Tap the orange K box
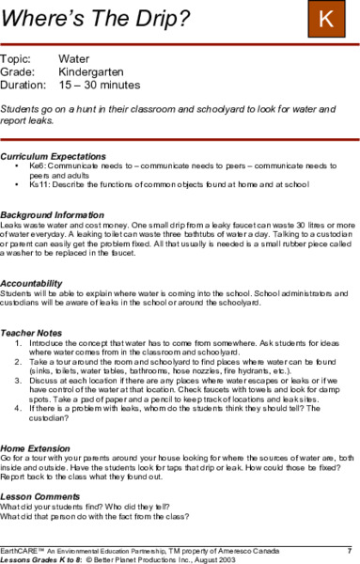click(x=326, y=19)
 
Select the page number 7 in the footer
click(x=350, y=547)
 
